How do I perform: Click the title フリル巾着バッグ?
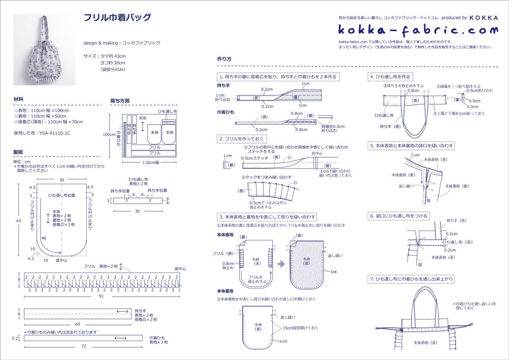click(117, 18)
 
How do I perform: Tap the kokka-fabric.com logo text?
click(418, 30)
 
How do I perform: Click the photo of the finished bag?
click(44, 50)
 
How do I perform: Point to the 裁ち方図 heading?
click(120, 101)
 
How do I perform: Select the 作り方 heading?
click(224, 59)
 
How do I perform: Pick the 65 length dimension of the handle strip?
click(78, 323)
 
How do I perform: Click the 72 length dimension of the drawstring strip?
click(83, 346)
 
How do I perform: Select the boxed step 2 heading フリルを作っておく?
click(243, 139)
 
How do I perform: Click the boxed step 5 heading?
click(412, 146)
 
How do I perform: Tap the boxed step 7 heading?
click(412, 279)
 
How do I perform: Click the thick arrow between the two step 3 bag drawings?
click(281, 263)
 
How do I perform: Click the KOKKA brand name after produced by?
click(484, 18)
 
